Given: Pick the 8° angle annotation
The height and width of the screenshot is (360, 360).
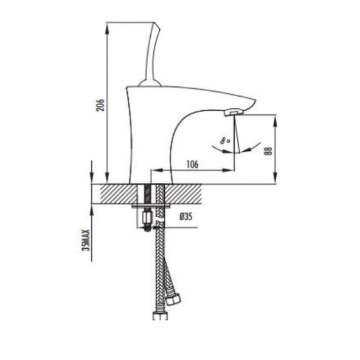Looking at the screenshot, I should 226,140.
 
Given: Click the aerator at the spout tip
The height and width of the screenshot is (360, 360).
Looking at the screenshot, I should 233,112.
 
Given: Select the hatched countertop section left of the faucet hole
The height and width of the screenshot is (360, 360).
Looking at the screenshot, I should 116,193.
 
